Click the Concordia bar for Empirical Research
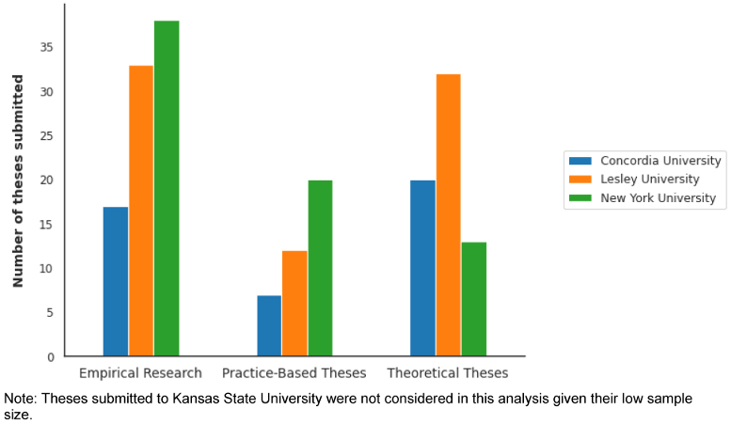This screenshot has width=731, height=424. (x=116, y=282)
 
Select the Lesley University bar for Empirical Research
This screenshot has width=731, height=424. (x=141, y=212)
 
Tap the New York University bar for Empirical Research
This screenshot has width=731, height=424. (x=167, y=188)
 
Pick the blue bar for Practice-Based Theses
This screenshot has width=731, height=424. (x=269, y=326)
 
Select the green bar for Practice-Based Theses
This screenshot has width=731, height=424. (x=320, y=269)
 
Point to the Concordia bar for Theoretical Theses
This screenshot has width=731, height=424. (x=423, y=269)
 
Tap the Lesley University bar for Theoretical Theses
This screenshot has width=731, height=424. (x=449, y=215)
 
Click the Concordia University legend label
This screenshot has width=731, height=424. (x=660, y=161)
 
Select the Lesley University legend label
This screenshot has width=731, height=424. (x=649, y=180)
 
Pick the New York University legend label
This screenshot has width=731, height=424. (x=658, y=198)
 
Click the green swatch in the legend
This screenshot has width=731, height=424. (x=581, y=198)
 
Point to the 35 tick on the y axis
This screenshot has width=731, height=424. (x=47, y=48)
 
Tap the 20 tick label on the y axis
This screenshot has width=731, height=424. (x=47, y=181)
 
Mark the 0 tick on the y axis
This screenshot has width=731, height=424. (x=51, y=357)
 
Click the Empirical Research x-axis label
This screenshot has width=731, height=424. (x=141, y=373)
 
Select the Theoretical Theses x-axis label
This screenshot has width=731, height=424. (x=448, y=373)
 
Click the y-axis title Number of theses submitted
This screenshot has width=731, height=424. (x=18, y=181)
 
